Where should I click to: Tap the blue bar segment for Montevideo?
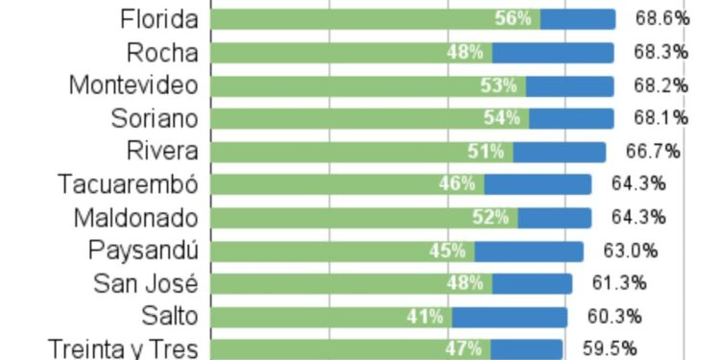point(570,85)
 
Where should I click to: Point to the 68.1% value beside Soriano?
point(660,118)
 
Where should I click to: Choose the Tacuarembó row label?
point(128,184)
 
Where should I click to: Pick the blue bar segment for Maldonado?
point(555,218)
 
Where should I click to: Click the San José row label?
point(145,283)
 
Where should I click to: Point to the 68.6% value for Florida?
point(661,19)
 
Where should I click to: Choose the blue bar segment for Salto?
point(510,317)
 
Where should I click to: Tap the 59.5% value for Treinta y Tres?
point(610,348)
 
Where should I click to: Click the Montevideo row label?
point(133,85)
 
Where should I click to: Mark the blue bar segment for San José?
point(533,283)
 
